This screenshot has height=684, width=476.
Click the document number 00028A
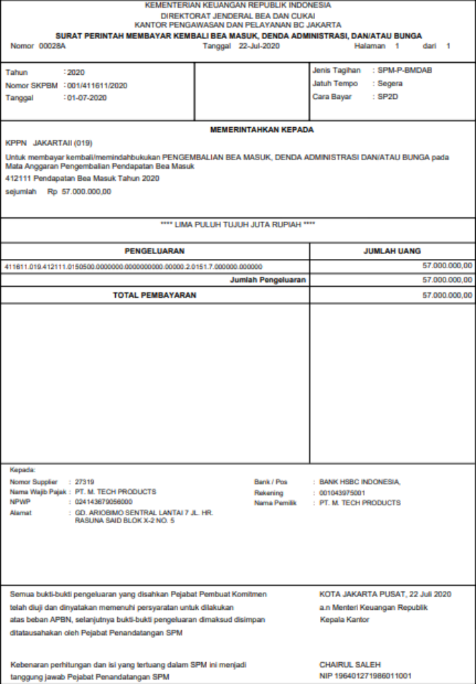click(52, 46)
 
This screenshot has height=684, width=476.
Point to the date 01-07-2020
click(87, 97)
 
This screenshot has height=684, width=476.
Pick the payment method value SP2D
click(386, 96)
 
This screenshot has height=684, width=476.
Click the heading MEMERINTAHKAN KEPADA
click(262, 130)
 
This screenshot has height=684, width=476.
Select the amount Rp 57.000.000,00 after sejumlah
click(79, 191)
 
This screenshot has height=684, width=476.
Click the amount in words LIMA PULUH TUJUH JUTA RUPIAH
click(238, 224)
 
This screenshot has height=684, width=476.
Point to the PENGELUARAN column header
click(155, 251)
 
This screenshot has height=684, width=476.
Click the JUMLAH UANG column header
click(392, 251)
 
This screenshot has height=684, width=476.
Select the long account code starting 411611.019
click(133, 266)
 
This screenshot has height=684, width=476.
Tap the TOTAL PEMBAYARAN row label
click(155, 295)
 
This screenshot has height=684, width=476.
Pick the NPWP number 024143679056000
click(104, 501)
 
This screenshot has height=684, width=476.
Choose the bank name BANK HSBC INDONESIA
click(360, 482)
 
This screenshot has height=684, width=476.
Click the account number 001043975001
click(343, 492)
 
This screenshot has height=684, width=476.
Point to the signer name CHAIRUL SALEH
click(350, 664)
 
